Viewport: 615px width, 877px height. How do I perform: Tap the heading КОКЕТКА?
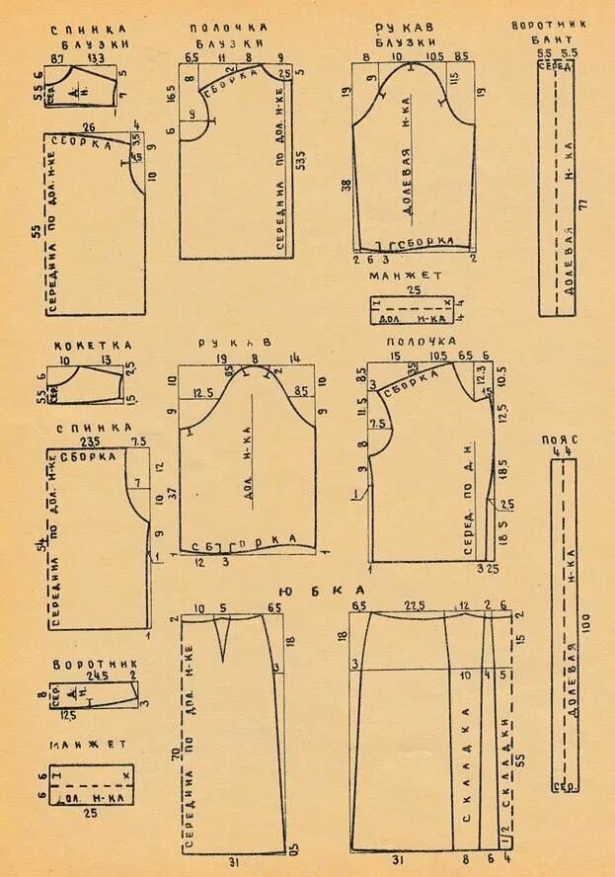(93, 345)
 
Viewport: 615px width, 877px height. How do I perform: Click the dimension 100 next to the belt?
(586, 622)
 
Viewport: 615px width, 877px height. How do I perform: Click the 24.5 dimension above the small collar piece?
(97, 677)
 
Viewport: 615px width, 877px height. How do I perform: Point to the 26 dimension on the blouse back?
(89, 127)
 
